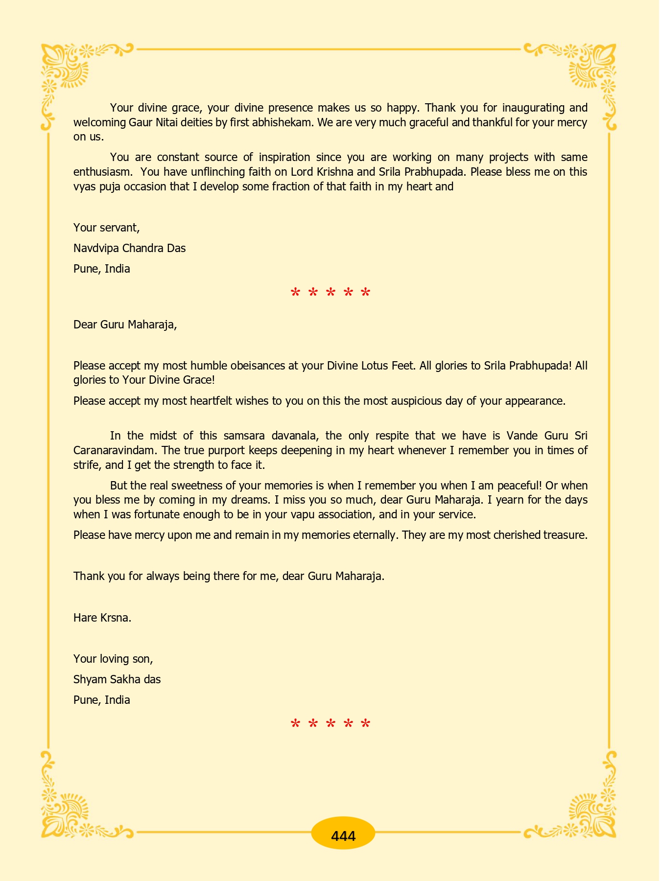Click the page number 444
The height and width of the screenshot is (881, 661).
[343, 836]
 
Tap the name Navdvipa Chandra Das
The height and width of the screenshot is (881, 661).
[129, 248]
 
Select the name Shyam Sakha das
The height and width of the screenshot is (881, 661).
[117, 679]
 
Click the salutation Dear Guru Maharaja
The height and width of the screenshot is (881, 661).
[125, 325]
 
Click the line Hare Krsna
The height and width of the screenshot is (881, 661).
[102, 618]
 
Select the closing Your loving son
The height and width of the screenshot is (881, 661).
[113, 659]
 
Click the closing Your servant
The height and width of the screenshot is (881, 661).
[106, 228]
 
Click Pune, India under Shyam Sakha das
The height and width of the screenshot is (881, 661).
[101, 700]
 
